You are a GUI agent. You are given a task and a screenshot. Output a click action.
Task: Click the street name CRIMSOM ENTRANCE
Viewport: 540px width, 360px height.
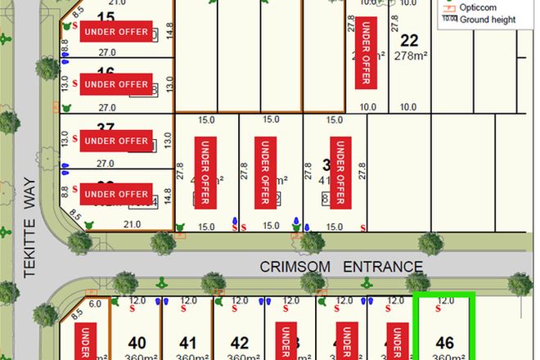tap(341, 267)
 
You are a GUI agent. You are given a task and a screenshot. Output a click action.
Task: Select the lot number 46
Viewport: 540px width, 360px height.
tap(445, 343)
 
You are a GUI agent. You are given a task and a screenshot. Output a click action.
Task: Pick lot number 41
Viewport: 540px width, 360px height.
tap(189, 343)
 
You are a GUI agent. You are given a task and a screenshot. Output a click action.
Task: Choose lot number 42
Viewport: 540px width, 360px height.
tap(240, 343)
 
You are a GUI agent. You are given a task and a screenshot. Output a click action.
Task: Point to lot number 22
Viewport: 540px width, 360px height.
tap(410, 39)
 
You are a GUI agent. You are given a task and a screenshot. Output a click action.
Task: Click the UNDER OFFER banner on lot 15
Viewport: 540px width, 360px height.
tap(116, 32)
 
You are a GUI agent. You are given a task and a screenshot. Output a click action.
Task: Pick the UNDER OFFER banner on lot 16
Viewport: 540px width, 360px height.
tap(116, 84)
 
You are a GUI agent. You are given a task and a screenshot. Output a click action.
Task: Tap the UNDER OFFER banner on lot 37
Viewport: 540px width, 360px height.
tap(116, 141)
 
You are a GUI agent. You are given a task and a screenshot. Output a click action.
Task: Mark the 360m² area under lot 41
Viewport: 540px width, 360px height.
tap(189, 357)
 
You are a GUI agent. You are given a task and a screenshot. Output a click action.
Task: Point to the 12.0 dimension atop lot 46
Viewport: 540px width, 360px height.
tap(445, 300)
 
